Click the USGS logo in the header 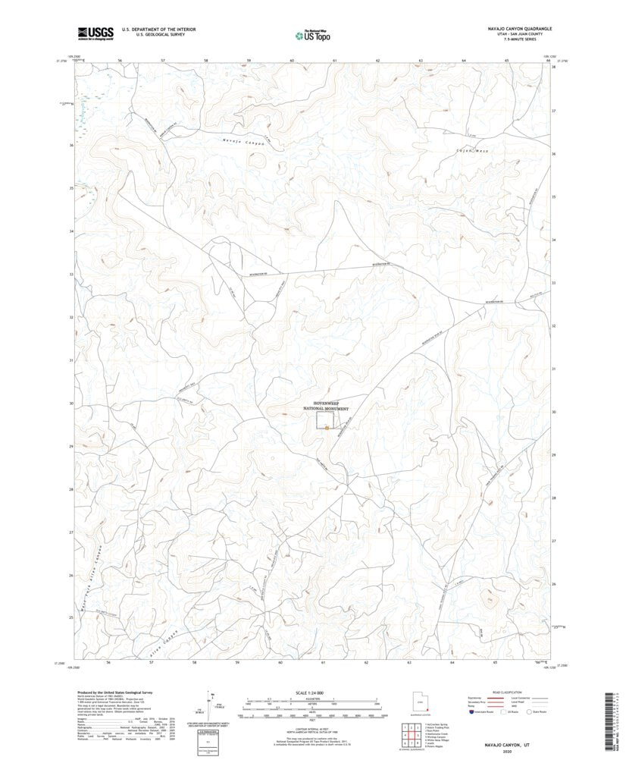point(95,33)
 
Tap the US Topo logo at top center point(313,34)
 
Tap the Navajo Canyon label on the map point(243,142)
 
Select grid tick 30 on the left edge point(71,404)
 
